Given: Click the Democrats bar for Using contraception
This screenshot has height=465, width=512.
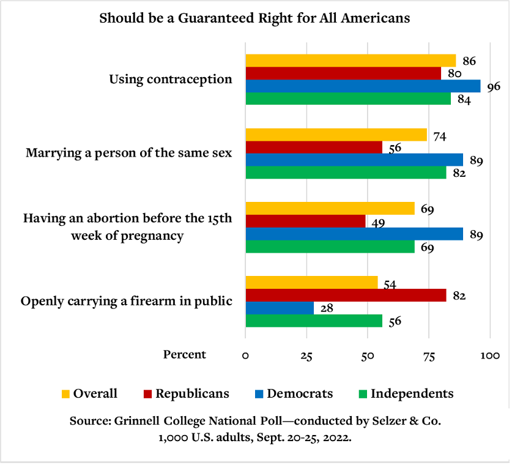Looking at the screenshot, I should click(363, 86).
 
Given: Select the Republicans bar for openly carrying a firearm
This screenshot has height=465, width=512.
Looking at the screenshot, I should click(346, 296).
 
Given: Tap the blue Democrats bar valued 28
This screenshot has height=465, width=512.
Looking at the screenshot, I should click(280, 308).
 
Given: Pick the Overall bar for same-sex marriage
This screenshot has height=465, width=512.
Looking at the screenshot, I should click(336, 135).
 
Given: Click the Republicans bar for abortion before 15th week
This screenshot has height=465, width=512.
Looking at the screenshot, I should click(305, 221).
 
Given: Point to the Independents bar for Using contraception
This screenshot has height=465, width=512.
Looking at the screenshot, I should click(348, 99).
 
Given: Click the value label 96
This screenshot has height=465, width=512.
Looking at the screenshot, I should click(494, 86).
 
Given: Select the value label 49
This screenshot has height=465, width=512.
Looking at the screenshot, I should click(377, 223).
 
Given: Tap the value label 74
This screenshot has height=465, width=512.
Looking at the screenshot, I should click(439, 136).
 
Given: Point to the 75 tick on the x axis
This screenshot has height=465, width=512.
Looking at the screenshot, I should click(429, 356).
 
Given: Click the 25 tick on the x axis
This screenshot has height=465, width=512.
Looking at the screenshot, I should click(306, 356).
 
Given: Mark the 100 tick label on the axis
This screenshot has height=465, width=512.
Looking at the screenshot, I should click(490, 356).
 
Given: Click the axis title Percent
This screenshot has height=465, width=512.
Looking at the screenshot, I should click(185, 355).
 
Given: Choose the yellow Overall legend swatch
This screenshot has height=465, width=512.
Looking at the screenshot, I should click(65, 393).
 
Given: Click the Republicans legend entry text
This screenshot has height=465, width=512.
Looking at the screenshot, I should click(192, 393).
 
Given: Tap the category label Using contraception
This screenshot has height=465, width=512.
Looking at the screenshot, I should click(171, 80).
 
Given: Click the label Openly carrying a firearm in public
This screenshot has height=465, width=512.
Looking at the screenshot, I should click(127, 301).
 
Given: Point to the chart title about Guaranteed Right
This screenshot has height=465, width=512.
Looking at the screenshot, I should click(254, 18).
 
